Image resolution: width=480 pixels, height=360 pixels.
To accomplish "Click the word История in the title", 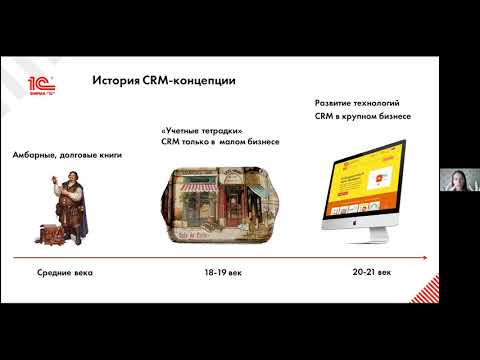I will pyautogui.click(x=114, y=79).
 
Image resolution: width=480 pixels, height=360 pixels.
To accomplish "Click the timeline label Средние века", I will pyautogui.click(x=64, y=272).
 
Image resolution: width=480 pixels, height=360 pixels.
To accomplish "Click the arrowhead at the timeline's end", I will pyautogui.click(x=428, y=257).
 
